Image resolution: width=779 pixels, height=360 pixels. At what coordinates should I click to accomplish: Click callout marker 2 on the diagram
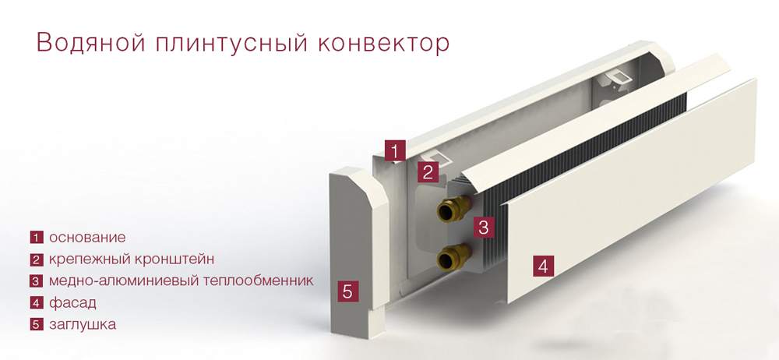(427, 172)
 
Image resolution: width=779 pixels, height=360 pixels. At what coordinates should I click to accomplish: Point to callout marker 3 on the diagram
(484, 228)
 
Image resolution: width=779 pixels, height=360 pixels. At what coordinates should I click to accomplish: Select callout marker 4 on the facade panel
(543, 265)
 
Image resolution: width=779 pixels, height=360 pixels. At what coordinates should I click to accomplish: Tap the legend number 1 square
(36, 237)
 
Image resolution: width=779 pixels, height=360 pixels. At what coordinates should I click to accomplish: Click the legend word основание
(86, 237)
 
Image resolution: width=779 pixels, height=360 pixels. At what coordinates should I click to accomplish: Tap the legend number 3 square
(36, 281)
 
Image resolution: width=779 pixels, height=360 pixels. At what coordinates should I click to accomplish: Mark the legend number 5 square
(36, 324)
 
